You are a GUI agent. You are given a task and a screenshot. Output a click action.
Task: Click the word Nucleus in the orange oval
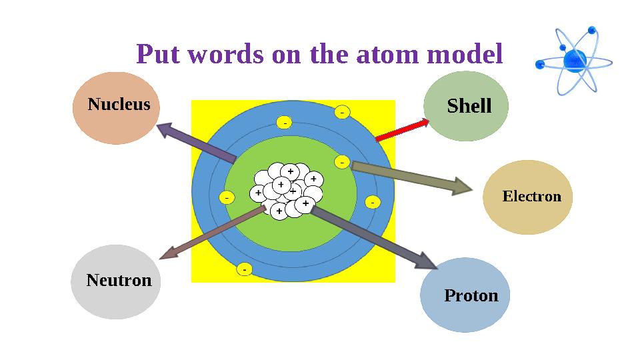pos(119,105)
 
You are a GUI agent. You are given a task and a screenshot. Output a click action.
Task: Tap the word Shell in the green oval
pos(469,106)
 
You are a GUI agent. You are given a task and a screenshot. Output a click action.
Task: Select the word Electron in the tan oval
pos(531,197)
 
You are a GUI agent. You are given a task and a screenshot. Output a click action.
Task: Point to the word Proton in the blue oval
pos(471,295)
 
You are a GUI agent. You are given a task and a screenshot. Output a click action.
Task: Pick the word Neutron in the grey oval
pos(119,280)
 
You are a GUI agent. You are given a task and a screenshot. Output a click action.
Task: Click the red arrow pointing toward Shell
pos(402,129)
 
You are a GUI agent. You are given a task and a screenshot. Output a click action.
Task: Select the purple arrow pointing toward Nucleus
pos(196,141)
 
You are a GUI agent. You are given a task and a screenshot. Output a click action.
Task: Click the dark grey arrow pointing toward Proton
pos(373,237)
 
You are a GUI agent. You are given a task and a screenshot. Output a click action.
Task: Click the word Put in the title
pos(159,54)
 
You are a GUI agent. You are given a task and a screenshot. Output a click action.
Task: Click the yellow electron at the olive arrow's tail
pos(342,162)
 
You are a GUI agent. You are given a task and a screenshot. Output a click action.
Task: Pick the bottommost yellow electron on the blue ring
pos(245,269)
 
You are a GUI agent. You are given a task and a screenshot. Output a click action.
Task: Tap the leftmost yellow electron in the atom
pos(226,198)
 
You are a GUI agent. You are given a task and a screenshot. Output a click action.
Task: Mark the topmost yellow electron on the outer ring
pos(342,113)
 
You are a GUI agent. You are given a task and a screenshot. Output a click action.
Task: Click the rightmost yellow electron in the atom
pos(373,202)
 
